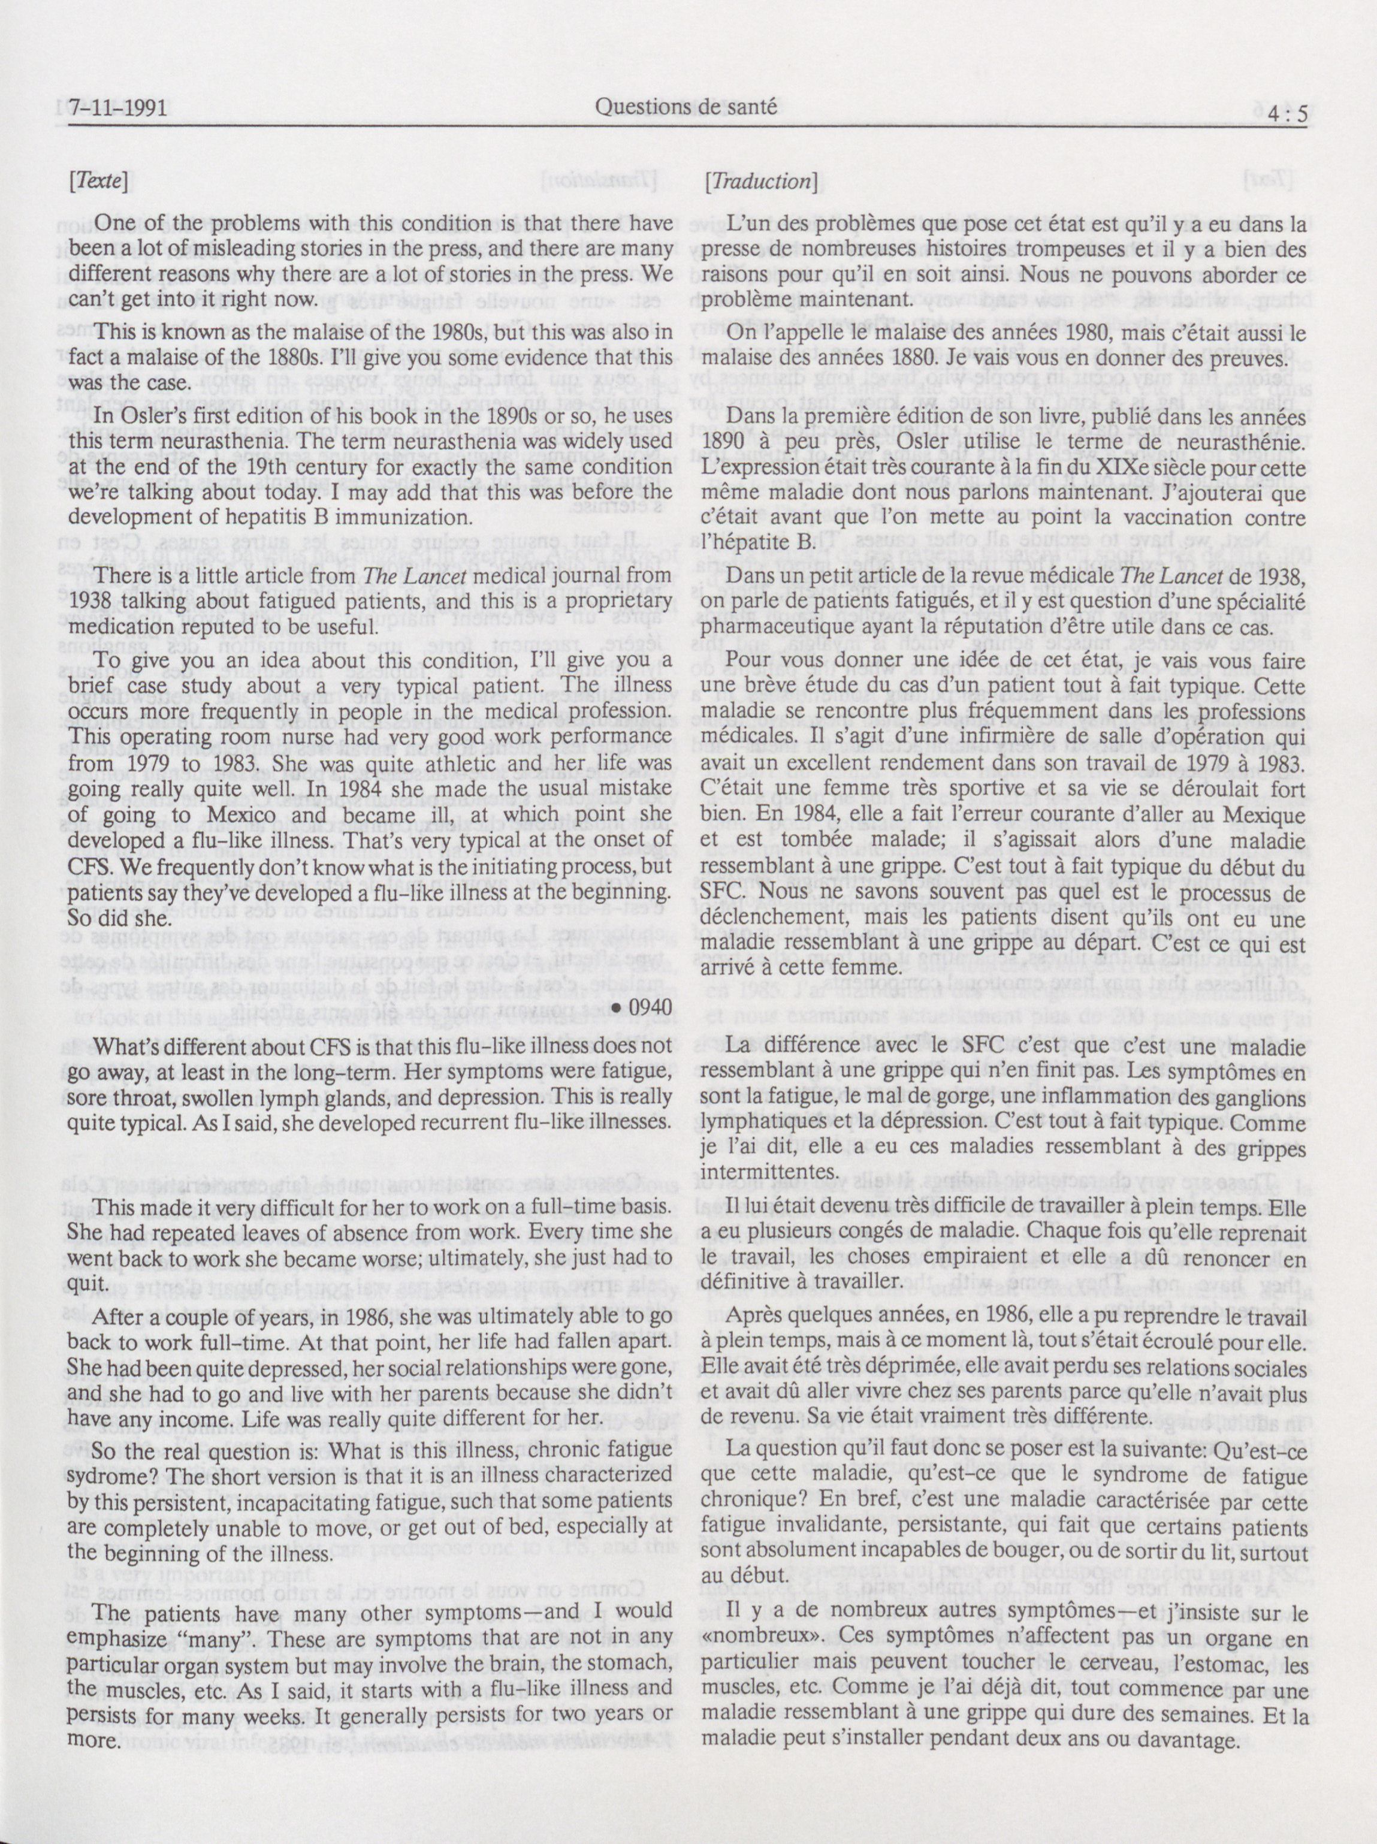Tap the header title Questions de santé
686,106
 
